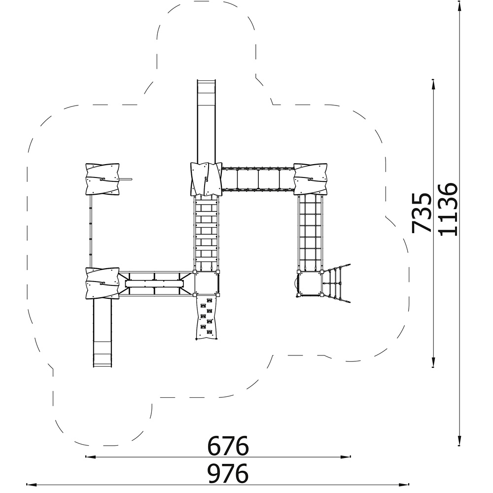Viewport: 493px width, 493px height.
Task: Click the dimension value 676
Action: [228, 445]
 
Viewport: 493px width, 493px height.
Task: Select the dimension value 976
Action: [228, 473]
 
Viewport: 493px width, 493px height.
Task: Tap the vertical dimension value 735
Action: [422, 212]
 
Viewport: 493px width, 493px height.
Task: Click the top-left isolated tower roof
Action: [103, 179]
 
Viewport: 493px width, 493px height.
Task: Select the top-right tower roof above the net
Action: [310, 179]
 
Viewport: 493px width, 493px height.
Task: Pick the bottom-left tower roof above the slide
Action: [103, 283]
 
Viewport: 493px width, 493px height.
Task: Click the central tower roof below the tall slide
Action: [206, 179]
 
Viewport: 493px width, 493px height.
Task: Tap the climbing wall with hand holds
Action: [207, 318]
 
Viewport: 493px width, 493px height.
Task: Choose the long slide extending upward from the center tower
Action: [206, 121]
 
